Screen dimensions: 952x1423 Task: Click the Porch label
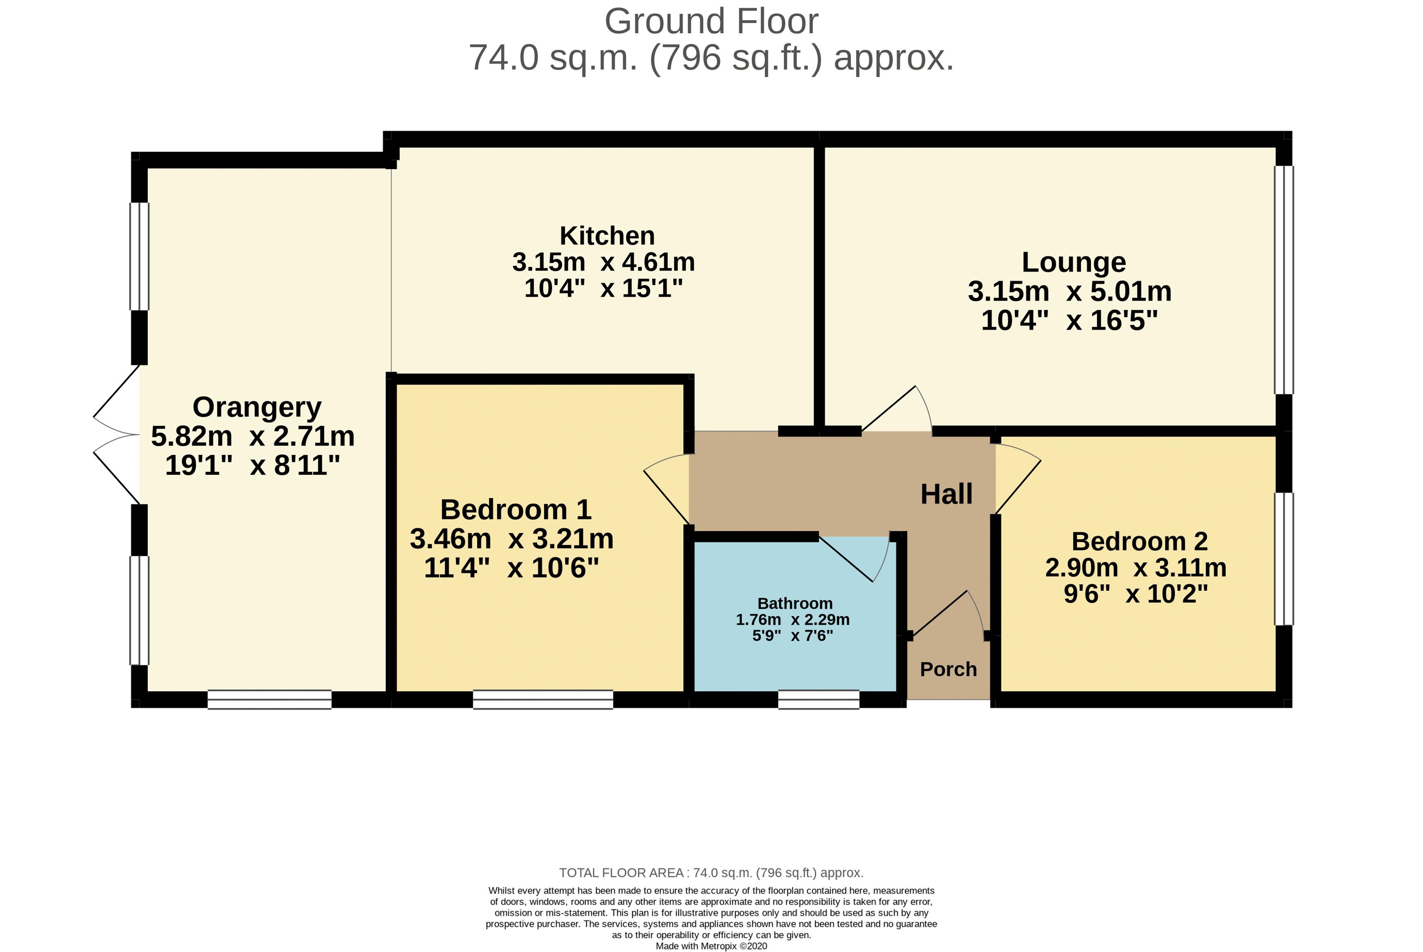(x=948, y=669)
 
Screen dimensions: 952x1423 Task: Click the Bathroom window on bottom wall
(x=818, y=699)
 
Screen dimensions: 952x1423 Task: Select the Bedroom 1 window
(x=543, y=699)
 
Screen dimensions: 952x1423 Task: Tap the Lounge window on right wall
(x=1283, y=279)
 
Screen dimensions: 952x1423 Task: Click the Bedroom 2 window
(x=1283, y=559)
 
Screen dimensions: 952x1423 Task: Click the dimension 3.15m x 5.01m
(x=1069, y=292)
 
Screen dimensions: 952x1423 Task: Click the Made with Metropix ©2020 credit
(x=711, y=946)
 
